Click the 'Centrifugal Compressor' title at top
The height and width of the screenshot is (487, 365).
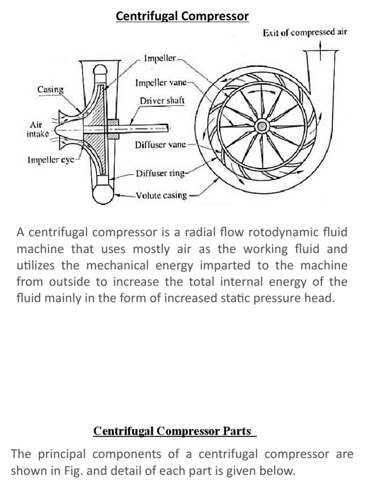coord(182,17)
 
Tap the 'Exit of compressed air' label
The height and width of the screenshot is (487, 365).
coord(305,33)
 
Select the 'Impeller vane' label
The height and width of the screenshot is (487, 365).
coord(163,83)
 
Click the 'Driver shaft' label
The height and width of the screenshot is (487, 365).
coord(162,101)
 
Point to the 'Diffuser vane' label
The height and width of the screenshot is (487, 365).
coord(160,145)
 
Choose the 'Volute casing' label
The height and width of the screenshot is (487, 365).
coord(162,195)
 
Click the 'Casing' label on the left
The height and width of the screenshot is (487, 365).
coord(50,89)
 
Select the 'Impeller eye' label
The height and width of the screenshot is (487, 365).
coord(50,160)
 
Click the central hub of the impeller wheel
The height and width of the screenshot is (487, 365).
coord(261,126)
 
